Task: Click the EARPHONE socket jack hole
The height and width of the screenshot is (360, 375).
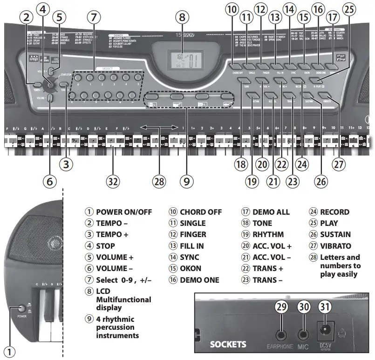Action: (x=281, y=334)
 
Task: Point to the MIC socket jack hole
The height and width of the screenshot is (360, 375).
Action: (x=303, y=334)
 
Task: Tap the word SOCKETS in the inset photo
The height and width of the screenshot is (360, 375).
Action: (x=228, y=345)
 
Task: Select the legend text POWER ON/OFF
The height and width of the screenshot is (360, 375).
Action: (x=124, y=212)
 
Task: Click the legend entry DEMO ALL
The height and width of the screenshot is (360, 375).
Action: (x=271, y=212)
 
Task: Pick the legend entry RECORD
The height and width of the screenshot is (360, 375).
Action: (x=332, y=212)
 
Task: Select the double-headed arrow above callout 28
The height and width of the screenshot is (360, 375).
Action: (x=159, y=127)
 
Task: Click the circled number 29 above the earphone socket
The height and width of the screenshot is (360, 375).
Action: (x=281, y=307)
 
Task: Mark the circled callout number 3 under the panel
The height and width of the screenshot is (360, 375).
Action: (x=68, y=163)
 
